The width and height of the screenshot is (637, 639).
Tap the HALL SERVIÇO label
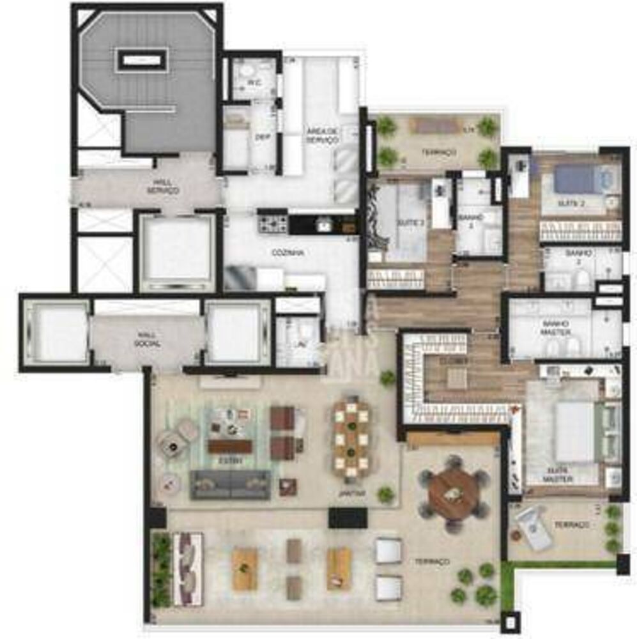click(x=162, y=187)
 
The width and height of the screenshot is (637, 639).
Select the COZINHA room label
click(x=287, y=253)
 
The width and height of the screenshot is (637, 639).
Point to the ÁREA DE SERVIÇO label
click(x=322, y=135)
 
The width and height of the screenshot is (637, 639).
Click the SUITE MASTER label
click(x=558, y=474)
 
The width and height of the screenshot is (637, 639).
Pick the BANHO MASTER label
click(x=556, y=327)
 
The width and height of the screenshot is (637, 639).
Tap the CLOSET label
click(x=457, y=360)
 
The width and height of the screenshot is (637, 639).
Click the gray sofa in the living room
click(x=230, y=484)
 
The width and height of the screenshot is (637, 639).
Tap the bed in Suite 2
click(x=579, y=180)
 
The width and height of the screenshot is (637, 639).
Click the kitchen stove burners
click(x=272, y=224)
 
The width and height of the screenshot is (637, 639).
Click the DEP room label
click(x=261, y=137)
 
